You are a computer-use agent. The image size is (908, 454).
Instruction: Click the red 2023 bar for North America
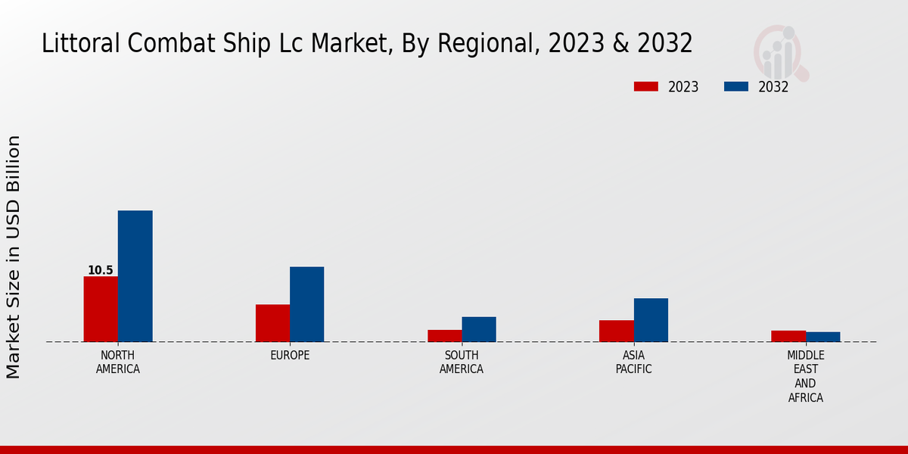pos(101,309)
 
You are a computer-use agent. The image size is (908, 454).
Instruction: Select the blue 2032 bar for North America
pos(135,276)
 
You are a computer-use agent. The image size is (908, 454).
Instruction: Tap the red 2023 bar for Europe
pos(272,323)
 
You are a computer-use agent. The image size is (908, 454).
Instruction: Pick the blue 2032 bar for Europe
pos(306,304)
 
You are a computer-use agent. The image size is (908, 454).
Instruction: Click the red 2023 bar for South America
pos(444,336)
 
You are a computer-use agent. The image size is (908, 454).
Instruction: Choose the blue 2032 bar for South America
pos(479,329)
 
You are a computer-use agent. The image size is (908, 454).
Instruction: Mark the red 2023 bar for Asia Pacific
pos(616,331)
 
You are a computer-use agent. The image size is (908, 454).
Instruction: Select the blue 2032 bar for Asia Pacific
pos(651,320)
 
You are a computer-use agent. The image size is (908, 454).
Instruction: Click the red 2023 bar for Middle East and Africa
pos(788,336)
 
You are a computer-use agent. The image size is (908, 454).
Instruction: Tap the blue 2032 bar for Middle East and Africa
pos(822,337)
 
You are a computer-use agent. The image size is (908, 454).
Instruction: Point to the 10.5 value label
pos(100,270)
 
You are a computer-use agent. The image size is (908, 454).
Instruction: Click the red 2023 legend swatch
pos(645,87)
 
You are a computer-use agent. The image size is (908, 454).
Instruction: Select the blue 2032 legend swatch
pos(735,87)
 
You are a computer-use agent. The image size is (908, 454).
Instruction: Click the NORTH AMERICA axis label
pos(118,362)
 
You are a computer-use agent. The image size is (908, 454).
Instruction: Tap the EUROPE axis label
pos(290,356)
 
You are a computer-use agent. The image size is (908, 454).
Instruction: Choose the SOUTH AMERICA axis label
pos(462,362)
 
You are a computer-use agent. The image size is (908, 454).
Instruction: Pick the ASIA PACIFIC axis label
pos(633,362)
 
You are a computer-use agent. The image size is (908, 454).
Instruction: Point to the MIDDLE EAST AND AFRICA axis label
pos(806,376)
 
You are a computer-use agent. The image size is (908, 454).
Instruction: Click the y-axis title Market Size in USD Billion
pos(14,257)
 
